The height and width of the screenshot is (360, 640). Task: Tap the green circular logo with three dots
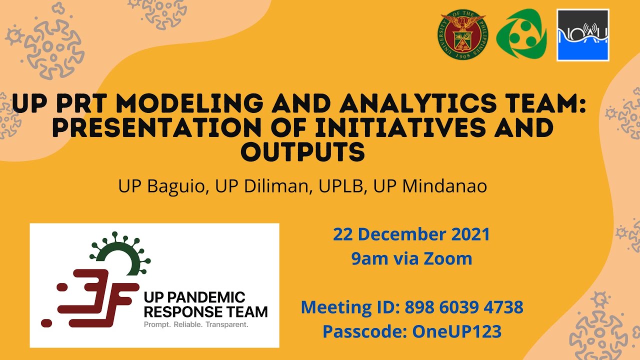point(521,35)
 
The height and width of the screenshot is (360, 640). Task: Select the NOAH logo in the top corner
point(582,35)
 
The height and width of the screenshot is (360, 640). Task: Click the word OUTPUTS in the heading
point(302,151)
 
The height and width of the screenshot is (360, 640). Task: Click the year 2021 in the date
point(470,234)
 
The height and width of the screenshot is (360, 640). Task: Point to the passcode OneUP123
point(456,331)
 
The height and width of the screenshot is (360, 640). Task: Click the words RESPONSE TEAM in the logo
point(205,312)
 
